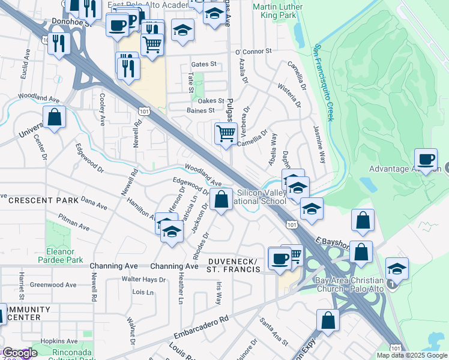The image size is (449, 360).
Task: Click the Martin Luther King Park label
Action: tap(275, 11)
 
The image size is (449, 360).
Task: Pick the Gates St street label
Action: tap(203, 64)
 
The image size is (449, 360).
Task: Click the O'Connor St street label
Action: tap(254, 52)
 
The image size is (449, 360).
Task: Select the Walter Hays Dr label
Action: tap(143, 280)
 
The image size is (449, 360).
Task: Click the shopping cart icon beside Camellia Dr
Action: tap(225, 133)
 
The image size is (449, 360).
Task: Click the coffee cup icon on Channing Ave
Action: tap(279, 259)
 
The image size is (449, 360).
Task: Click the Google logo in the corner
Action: tap(20, 353)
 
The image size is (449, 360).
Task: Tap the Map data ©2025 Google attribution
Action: tap(412, 355)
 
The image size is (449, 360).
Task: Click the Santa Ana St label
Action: tap(273, 331)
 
